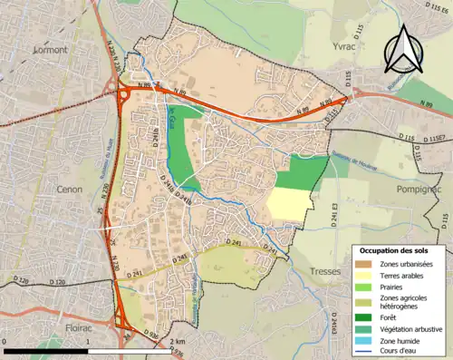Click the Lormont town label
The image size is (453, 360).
(51, 50)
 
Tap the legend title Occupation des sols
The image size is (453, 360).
(396, 250)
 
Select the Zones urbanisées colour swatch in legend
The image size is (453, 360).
(366, 264)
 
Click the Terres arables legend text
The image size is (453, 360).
(401, 276)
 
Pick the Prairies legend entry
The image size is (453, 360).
(392, 287)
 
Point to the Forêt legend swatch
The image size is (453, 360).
(366, 317)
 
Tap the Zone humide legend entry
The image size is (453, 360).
(400, 341)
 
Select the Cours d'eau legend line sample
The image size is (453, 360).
(366, 353)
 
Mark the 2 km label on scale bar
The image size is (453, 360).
(178, 341)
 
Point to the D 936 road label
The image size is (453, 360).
(153, 335)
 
